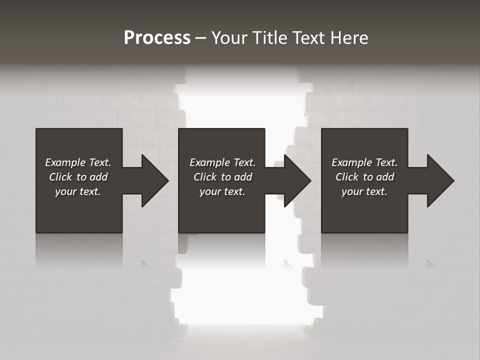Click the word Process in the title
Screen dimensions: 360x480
point(157,38)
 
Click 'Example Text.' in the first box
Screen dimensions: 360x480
point(78,162)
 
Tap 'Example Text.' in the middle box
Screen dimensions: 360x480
point(222,162)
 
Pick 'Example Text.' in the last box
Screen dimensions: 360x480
point(364,162)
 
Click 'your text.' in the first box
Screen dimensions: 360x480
point(78,191)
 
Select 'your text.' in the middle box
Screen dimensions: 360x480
point(222,191)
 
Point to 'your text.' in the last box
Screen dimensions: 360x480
point(364,191)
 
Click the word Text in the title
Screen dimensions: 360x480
point(306,38)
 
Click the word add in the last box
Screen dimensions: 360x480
point(385,177)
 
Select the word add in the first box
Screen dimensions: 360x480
point(98,177)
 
